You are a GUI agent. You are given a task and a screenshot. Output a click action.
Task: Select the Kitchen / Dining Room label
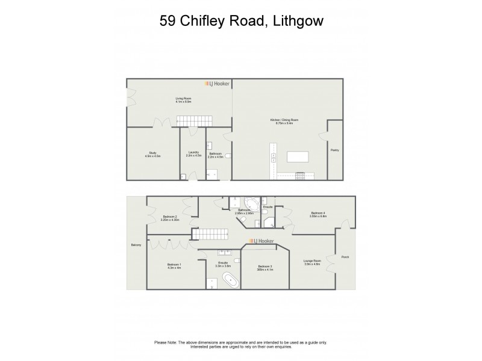click(x=284, y=120)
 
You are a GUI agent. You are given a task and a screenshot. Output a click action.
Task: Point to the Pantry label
click(x=334, y=150)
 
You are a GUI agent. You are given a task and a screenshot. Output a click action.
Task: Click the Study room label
click(x=149, y=153)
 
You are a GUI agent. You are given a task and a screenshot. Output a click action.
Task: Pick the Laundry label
click(x=193, y=152)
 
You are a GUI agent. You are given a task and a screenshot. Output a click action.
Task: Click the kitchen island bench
click(x=297, y=157)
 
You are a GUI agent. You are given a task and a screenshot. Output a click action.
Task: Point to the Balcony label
click(x=136, y=245)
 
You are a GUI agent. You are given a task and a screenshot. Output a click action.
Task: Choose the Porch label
click(x=345, y=257)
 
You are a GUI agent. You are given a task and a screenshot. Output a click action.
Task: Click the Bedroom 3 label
click(x=265, y=266)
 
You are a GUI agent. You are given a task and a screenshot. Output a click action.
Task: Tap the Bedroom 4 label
click(x=318, y=213)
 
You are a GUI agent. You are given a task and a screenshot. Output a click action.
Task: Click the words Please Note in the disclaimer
click(x=165, y=343)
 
